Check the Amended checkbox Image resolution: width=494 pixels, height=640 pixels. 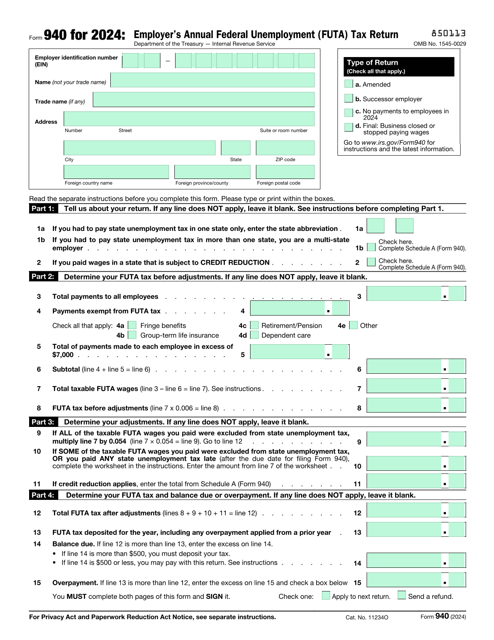coord(348,84)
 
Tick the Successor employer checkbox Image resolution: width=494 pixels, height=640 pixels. coord(348,98)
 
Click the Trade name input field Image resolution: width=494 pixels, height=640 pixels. coord(204,100)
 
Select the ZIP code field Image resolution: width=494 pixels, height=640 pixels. coord(285,148)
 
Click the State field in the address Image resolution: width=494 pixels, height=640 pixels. coord(236,148)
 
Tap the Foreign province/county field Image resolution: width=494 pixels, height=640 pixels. coord(212,172)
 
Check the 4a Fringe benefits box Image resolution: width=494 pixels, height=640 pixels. coord(132,325)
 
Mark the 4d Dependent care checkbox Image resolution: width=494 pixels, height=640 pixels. coord(255,335)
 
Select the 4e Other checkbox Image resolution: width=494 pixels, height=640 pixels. coord(353,325)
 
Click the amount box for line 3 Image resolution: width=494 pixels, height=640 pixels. coord(404,294)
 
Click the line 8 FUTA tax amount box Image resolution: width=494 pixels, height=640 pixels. coord(404,406)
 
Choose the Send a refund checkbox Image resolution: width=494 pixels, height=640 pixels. coord(402,595)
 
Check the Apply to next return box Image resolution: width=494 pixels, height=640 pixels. coord(326,595)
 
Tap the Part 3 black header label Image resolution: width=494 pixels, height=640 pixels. coord(43,422)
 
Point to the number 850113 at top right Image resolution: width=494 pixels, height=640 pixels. coord(449,33)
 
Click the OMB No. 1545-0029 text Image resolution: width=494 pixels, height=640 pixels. coord(440,44)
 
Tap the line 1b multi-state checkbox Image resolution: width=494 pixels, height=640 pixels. coord(371,247)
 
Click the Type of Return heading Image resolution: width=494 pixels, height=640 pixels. coord(372,62)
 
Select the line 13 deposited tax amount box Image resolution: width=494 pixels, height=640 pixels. coord(404,530)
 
